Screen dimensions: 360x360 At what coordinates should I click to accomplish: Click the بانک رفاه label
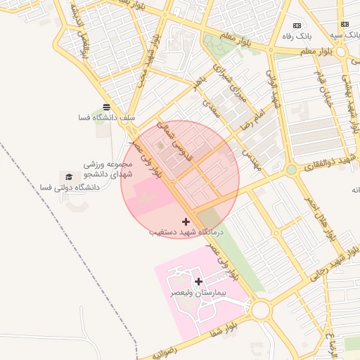coord(307,35)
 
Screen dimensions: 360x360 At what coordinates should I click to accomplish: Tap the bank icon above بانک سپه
coord(345,24)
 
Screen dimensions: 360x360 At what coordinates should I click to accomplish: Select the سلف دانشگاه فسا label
coord(107,118)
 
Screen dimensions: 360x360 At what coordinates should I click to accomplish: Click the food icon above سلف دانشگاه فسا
coord(106,107)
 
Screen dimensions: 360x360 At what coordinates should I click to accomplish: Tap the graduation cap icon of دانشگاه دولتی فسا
coord(69,176)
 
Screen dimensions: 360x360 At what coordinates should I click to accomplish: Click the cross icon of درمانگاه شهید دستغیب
coord(186,221)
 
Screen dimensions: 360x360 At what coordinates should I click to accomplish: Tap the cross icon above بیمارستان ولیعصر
coord(198,281)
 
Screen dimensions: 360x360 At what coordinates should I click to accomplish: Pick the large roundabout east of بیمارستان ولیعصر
coord(262,309)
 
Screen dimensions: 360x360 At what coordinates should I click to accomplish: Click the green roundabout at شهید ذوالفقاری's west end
coord(291,169)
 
